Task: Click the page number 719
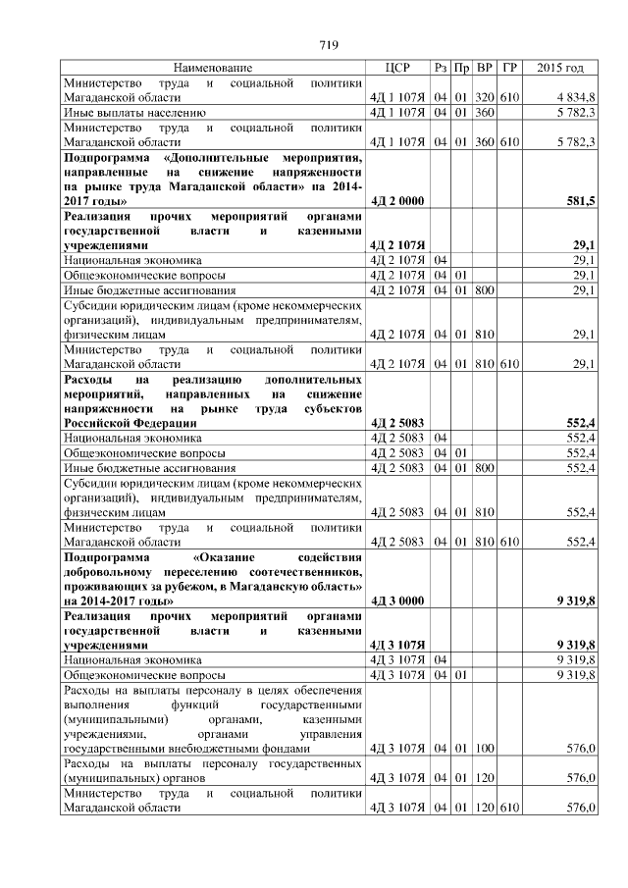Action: pyautogui.click(x=330, y=44)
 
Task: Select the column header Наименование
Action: pyautogui.click(x=213, y=68)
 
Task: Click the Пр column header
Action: pyautogui.click(x=462, y=68)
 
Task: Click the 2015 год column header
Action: pyautogui.click(x=561, y=68)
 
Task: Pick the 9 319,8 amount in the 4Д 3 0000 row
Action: pyautogui.click(x=576, y=600)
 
